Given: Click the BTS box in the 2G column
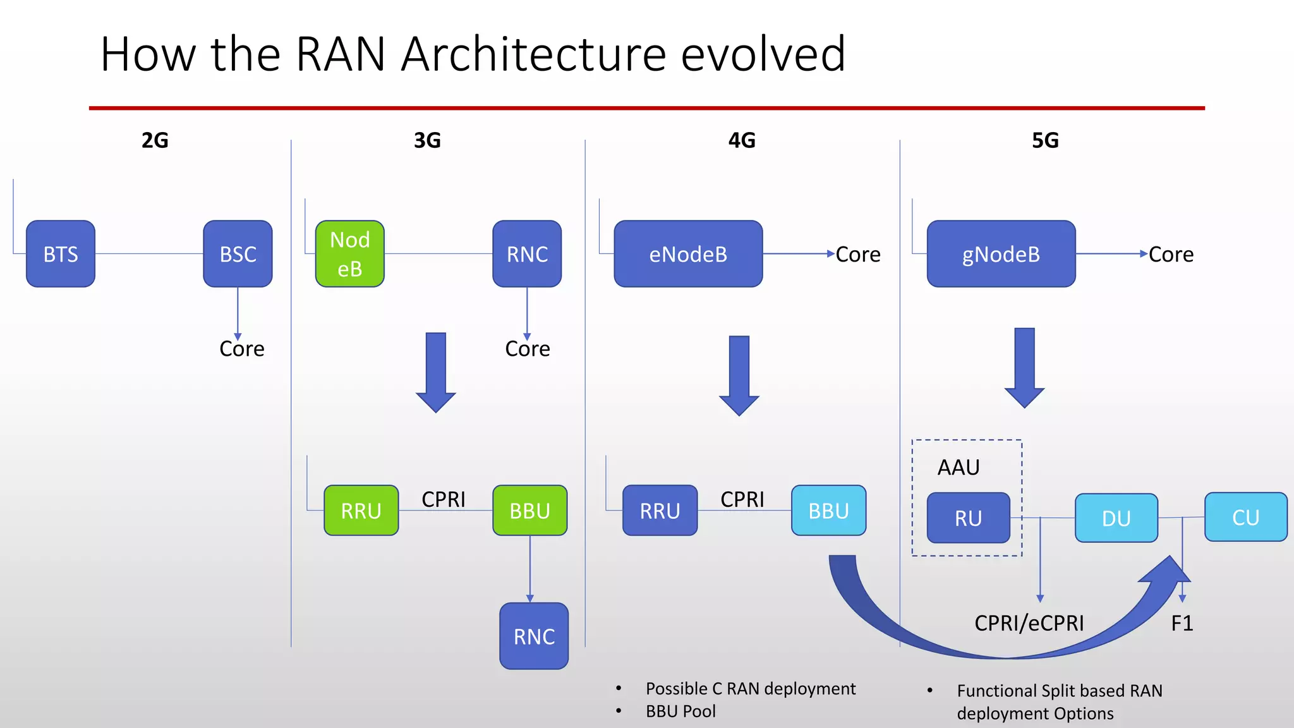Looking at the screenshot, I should [61, 254].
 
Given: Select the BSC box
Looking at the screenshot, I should [238, 254].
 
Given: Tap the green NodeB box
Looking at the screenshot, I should [349, 254].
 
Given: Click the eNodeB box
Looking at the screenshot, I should [688, 254].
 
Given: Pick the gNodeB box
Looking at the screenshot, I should [1001, 254].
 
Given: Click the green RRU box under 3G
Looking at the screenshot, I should [361, 511].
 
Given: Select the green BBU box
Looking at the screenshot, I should [529, 511].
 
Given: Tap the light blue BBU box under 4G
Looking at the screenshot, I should [828, 511].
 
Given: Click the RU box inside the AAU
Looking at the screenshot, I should [968, 518].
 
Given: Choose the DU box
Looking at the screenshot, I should [1116, 518].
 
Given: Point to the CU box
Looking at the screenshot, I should [1245, 518].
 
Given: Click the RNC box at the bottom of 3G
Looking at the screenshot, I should [534, 636].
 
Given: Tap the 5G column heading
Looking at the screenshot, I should [1045, 140].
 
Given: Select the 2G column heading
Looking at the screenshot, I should [155, 140].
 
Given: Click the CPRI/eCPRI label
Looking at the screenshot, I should [1029, 623].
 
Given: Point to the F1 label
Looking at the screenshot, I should [1182, 623].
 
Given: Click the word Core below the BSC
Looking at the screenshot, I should [241, 349].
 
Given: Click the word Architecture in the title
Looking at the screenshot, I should [533, 54].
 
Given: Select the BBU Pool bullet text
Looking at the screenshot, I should [680, 712].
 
